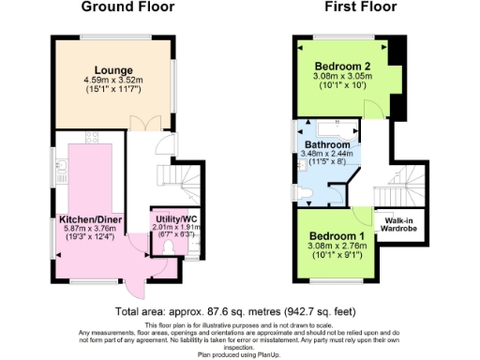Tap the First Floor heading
360,7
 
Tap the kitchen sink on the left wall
61,170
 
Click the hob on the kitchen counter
94,138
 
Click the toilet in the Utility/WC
169,247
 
